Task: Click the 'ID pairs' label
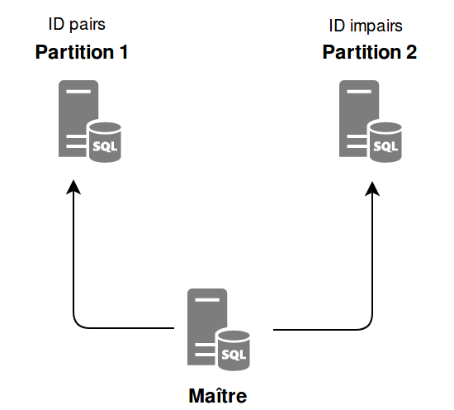click(x=77, y=25)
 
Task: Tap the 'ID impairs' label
click(x=366, y=26)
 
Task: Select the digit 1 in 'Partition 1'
click(x=124, y=52)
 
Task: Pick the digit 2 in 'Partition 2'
click(x=411, y=52)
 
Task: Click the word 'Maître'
click(x=218, y=395)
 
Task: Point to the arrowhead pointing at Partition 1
click(x=73, y=187)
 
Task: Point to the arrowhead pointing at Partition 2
click(x=372, y=188)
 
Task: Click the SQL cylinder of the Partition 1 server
click(x=105, y=142)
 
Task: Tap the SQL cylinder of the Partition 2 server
click(x=385, y=142)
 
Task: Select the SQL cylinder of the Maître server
click(x=234, y=350)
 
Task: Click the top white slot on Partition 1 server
click(x=78, y=92)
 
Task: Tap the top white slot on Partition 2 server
click(x=359, y=92)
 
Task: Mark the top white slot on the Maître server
click(x=207, y=300)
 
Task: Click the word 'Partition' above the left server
click(x=74, y=52)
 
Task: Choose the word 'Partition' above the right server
click(x=362, y=52)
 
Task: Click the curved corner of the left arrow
click(x=78, y=323)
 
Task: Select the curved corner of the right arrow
click(x=368, y=326)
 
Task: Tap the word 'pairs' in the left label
click(x=87, y=26)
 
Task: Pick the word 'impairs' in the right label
click(x=376, y=27)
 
